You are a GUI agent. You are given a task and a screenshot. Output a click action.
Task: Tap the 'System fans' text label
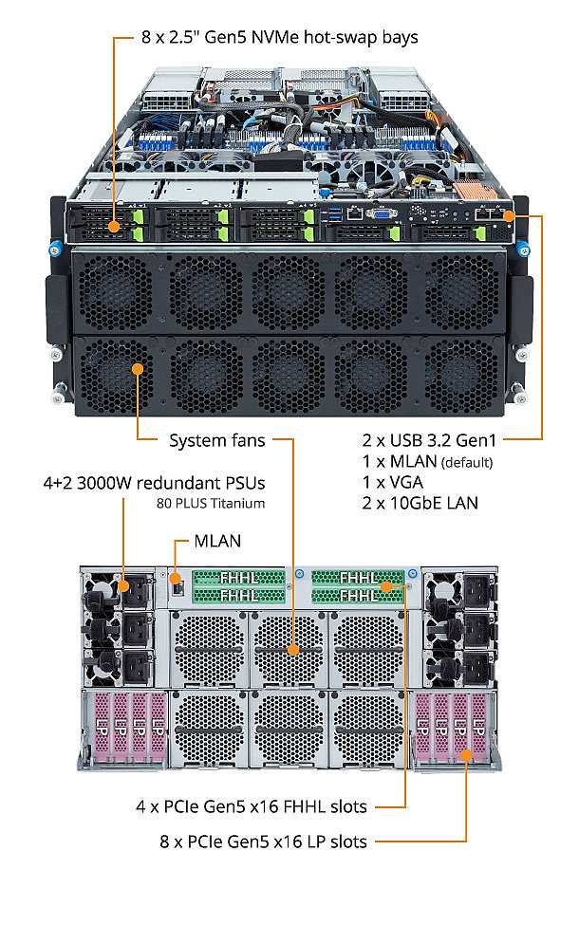[216, 440]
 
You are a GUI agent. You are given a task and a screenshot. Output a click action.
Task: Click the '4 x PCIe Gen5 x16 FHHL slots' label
[251, 807]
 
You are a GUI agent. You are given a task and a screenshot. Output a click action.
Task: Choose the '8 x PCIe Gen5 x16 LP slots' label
[263, 841]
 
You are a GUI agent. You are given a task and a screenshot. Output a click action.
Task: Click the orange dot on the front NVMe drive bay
[114, 227]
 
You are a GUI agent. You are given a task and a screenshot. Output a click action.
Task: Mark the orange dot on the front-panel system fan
[140, 368]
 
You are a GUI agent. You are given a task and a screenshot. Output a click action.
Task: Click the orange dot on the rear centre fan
[292, 651]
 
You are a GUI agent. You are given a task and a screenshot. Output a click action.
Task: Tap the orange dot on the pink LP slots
[466, 755]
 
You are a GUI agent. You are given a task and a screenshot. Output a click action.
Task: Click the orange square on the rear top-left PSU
[122, 587]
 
